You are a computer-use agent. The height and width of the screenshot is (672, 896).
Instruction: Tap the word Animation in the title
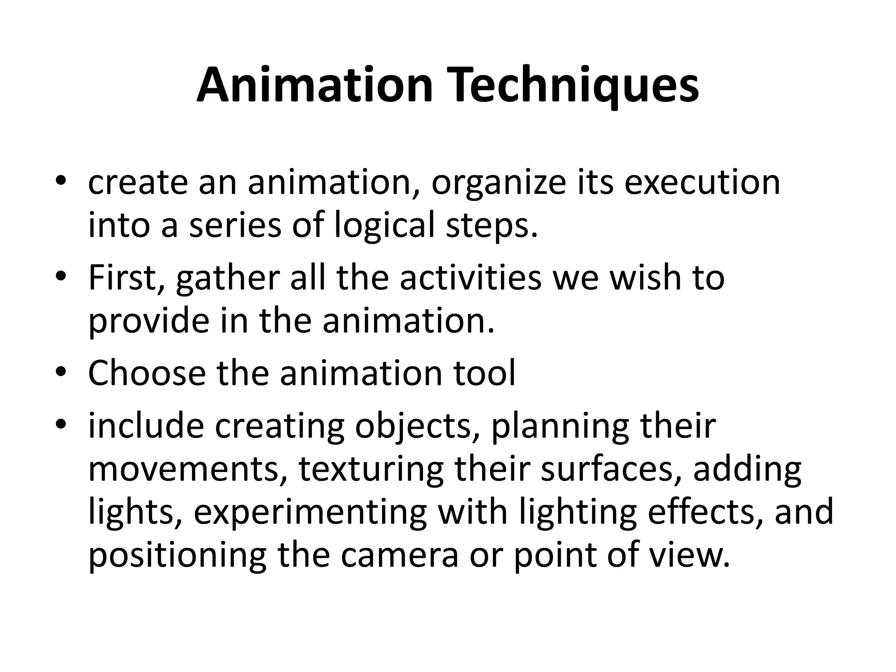click(314, 85)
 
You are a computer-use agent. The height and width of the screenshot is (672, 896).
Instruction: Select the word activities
click(470, 278)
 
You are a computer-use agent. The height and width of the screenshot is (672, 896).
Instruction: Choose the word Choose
click(147, 373)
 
